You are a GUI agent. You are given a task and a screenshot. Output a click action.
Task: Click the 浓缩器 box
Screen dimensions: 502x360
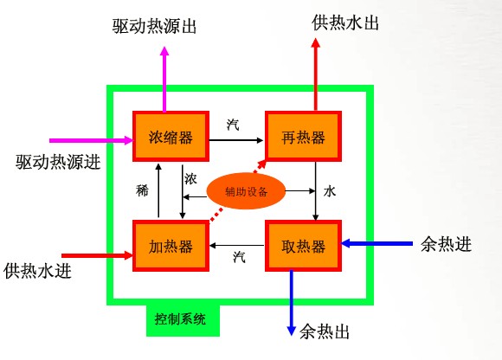tap(171, 137)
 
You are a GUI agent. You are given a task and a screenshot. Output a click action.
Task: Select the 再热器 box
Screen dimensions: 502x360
tap(303, 137)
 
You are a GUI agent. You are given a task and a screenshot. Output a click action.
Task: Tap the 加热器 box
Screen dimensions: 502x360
tap(171, 246)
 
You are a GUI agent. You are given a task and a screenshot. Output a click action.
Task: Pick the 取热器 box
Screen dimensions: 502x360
tap(303, 246)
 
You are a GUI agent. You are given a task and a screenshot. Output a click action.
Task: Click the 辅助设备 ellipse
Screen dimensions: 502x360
tap(246, 191)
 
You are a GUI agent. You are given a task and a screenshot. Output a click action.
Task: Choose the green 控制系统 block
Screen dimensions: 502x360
tap(183, 319)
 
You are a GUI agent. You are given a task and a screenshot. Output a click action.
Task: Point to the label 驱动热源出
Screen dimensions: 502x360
tap(154, 26)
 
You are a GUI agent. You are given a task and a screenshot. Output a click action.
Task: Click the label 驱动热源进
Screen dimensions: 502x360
tap(58, 162)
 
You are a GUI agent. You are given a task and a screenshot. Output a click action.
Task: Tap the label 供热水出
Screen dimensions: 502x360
tap(345, 22)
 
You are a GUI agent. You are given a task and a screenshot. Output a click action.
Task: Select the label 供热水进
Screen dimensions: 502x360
tap(37, 271)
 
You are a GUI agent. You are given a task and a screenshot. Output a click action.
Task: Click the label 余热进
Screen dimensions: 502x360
tap(446, 245)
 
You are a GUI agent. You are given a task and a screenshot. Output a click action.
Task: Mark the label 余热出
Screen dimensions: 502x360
tap(324, 331)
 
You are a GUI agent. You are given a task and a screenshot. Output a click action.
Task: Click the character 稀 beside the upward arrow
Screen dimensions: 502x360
tap(142, 190)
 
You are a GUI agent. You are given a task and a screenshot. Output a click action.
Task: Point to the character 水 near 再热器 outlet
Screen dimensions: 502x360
tap(330, 191)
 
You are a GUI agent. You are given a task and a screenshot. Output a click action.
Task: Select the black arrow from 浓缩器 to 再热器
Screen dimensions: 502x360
tap(236, 140)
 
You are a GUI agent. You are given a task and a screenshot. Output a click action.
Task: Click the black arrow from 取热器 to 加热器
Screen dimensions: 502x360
tap(237, 246)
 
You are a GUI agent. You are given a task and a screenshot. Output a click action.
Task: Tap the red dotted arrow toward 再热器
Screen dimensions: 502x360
tap(238, 190)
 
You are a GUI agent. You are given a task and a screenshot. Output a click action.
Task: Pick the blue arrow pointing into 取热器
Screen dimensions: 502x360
tap(376, 243)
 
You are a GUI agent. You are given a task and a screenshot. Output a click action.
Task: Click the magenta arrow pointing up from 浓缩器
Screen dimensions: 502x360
tap(164, 80)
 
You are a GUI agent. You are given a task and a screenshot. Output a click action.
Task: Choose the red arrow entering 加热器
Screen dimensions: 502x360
tap(97, 255)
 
